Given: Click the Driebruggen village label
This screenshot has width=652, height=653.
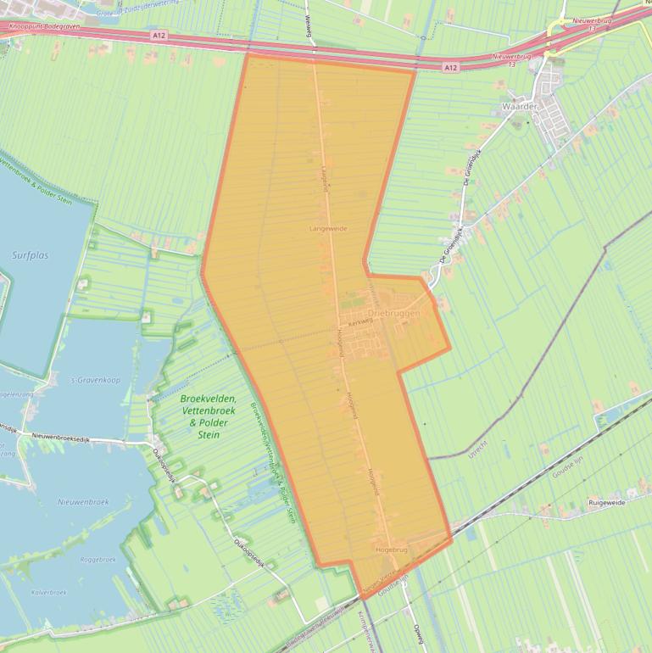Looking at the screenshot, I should (x=395, y=314).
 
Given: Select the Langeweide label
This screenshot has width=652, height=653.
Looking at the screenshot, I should (x=328, y=228).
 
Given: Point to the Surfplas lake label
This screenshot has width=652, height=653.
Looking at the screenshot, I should (x=31, y=254).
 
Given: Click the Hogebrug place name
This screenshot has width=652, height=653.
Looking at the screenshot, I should (x=391, y=550).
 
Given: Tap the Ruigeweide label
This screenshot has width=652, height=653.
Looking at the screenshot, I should (x=606, y=503).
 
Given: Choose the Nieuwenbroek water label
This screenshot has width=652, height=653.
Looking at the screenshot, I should (x=80, y=502).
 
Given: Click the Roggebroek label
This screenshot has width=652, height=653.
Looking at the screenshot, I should (x=98, y=560).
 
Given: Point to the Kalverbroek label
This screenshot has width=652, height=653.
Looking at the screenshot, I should (x=48, y=592).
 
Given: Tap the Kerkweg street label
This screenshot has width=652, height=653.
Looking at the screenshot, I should (x=360, y=321).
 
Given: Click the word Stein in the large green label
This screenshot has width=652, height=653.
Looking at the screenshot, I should (x=208, y=434).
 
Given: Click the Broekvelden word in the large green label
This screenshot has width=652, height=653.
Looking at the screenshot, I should (x=209, y=399).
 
